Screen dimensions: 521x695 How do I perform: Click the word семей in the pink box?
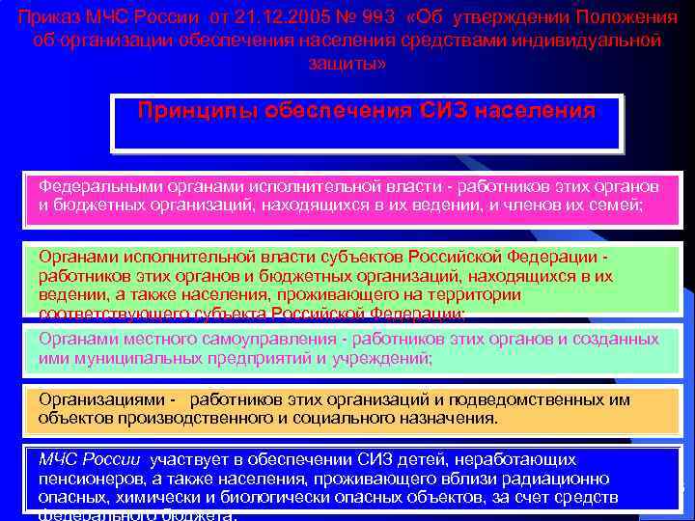617,206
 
